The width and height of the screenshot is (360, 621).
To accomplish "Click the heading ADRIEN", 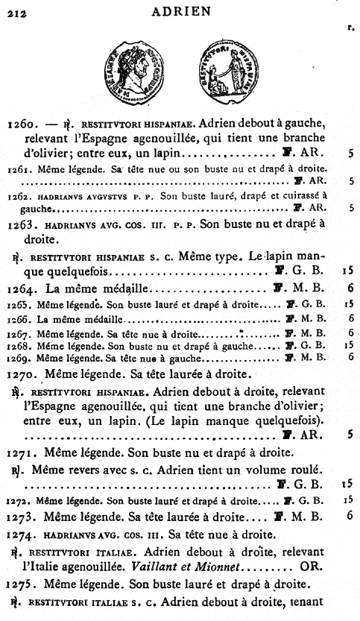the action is (180, 10).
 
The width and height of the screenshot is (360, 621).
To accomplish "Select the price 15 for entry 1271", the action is (347, 485).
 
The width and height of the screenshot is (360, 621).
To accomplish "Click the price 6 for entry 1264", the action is (350, 287).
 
